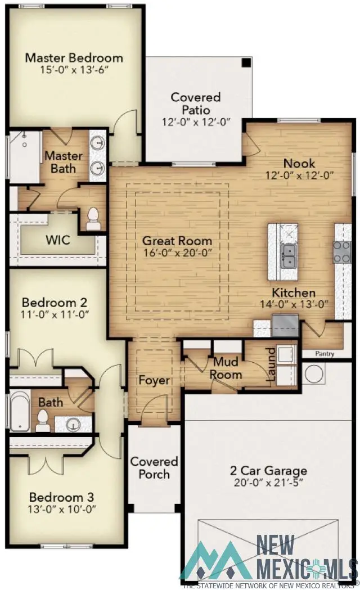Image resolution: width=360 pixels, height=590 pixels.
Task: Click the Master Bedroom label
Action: [74, 57]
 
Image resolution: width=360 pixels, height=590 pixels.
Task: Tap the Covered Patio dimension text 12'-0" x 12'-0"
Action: [196, 122]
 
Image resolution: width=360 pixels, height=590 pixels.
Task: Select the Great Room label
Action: [177, 241]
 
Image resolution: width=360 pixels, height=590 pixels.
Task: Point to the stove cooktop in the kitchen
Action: [342, 252]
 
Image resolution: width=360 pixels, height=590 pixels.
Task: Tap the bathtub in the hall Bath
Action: [19, 411]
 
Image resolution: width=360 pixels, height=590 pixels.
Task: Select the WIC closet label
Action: [57, 240]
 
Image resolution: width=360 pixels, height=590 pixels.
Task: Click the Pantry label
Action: [325, 354]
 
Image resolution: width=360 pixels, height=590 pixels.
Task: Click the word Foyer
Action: [154, 381]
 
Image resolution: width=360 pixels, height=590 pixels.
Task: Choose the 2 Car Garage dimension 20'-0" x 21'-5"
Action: [269, 483]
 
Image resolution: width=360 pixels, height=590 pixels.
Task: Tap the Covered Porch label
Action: [154, 468]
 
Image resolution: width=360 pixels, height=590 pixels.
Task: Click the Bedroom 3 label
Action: [61, 498]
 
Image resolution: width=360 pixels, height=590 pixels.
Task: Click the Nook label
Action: [299, 164]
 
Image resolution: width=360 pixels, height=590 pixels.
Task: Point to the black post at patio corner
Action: [246, 62]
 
